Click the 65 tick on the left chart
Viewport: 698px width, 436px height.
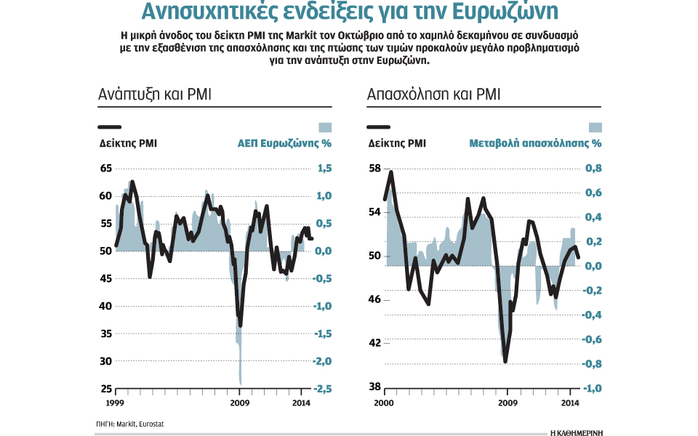pyautogui.click(x=105, y=169)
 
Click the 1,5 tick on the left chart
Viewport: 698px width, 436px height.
pyautogui.click(x=324, y=169)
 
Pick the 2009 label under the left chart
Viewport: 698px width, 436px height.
pyautogui.click(x=239, y=402)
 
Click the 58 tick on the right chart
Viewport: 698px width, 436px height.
pyautogui.click(x=375, y=169)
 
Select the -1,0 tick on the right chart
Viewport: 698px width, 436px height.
pyautogui.click(x=593, y=388)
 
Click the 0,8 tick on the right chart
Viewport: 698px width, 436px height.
pyautogui.click(x=594, y=169)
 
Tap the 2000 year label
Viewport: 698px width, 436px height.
pyautogui.click(x=384, y=402)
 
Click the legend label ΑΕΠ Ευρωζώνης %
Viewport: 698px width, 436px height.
pyautogui.click(x=284, y=143)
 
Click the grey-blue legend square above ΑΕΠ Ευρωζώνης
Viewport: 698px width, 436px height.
pyautogui.click(x=325, y=126)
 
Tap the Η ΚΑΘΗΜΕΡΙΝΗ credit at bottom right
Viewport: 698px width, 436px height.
pyautogui.click(x=576, y=432)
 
